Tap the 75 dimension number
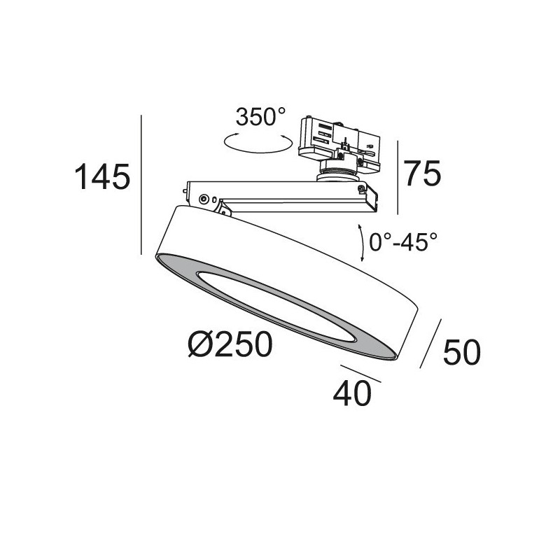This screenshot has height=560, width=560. point(423,172)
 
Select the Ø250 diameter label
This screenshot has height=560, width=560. point(230,344)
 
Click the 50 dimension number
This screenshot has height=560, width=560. point(461,352)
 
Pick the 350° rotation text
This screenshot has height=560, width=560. point(260,117)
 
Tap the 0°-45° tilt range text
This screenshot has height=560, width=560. point(403,242)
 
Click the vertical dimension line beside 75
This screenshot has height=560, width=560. point(398,177)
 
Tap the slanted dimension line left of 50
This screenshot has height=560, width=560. point(430,344)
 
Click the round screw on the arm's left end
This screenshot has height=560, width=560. point(204,199)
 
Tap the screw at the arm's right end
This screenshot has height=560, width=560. point(360,188)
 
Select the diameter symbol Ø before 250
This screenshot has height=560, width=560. point(202,344)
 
